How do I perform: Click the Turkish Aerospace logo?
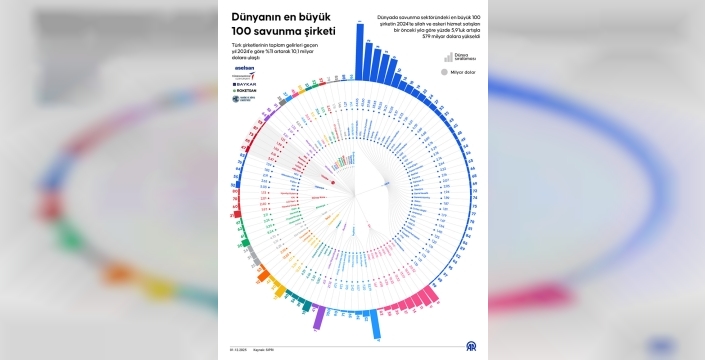click(x=244, y=76)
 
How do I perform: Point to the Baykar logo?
click(x=245, y=85)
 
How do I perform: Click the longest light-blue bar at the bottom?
click(x=375, y=325)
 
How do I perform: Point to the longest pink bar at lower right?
click(x=428, y=298)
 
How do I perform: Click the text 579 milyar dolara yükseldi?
click(x=437, y=37)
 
